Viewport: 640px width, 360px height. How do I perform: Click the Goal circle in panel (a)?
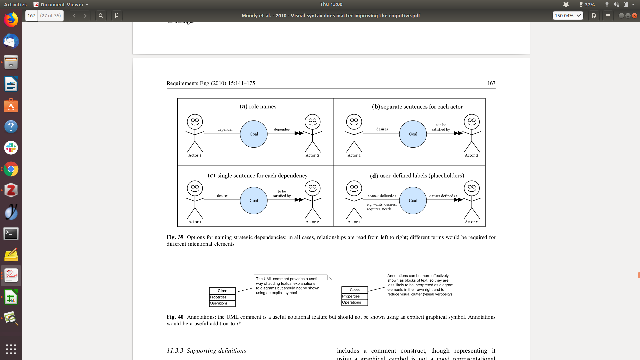[254, 134]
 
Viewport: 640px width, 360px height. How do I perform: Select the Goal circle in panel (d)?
[413, 200]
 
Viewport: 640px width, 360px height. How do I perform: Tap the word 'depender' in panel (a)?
[225, 129]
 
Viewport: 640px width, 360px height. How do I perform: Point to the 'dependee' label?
[282, 129]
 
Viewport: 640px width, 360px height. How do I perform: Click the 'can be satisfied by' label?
[441, 127]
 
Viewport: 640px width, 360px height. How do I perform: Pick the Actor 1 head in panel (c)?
[195, 188]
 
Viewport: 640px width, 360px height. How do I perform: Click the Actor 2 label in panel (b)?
[471, 155]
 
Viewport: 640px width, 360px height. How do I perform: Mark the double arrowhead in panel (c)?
[299, 200]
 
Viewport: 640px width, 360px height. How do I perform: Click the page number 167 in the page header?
[491, 83]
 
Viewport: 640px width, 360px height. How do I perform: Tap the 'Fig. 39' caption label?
[175, 237]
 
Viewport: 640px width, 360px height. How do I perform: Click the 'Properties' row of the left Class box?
[222, 297]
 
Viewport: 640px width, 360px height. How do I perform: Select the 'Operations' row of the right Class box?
[354, 302]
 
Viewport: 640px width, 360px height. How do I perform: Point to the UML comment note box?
[293, 286]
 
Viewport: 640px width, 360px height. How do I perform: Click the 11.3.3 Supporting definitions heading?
[206, 351]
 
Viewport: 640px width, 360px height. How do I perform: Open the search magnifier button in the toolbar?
[101, 16]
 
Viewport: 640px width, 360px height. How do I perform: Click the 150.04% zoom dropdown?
[568, 16]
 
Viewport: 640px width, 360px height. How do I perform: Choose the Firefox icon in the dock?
[11, 20]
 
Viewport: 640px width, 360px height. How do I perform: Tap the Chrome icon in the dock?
[11, 169]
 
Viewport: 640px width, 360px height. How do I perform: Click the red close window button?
[635, 16]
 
